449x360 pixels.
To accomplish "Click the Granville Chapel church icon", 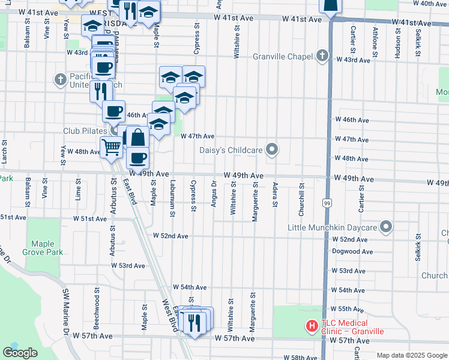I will (322, 57).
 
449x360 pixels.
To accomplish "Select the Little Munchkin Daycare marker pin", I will (386, 227).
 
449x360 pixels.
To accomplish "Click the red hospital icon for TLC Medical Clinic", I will (312, 326).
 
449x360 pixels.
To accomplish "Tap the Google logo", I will (20, 353).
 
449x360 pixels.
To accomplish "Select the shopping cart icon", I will (111, 146).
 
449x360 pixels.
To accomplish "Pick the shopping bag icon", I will (137, 138).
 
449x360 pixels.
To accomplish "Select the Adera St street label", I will (275, 194).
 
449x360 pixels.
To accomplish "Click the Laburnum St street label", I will (172, 198).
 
